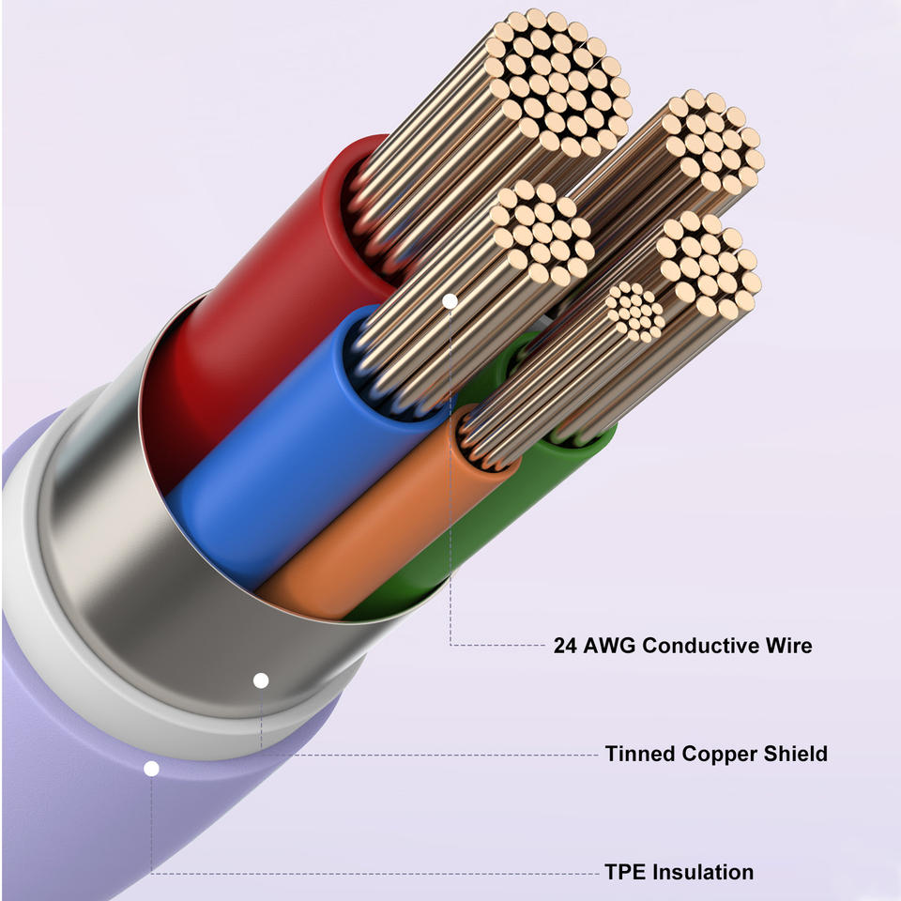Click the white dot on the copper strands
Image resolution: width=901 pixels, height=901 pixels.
pyautogui.click(x=450, y=301)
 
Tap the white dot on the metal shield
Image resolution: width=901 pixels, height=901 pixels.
pyautogui.click(x=261, y=680)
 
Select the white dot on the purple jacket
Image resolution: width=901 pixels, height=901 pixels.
pyautogui.click(x=151, y=769)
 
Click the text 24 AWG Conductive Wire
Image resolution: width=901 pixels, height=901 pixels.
pyautogui.click(x=682, y=646)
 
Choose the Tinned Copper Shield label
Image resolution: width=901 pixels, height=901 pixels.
pyautogui.click(x=716, y=754)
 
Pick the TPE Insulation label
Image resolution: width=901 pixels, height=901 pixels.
pyautogui.click(x=679, y=872)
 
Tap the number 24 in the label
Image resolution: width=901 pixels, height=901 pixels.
pyautogui.click(x=566, y=646)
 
